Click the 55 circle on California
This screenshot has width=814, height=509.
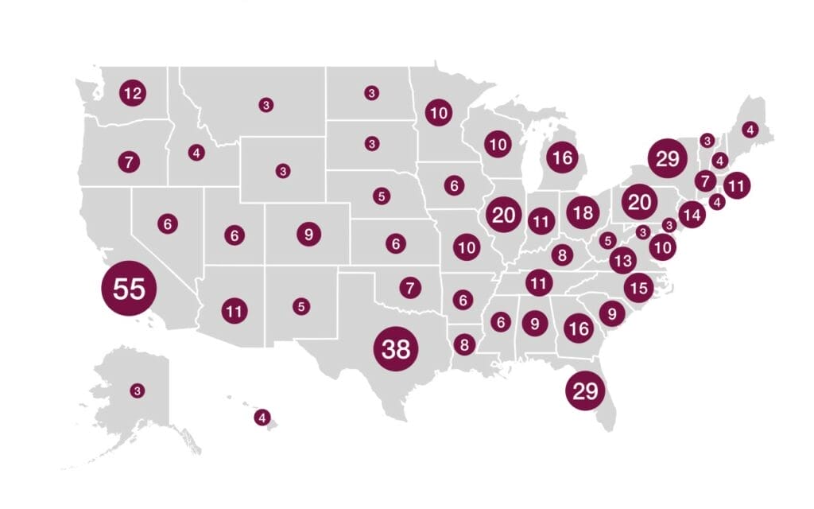(x=129, y=288)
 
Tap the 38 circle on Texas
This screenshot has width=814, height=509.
(x=395, y=348)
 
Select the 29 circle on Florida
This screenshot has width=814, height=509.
(x=585, y=390)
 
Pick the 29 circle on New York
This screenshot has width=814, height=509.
(x=667, y=159)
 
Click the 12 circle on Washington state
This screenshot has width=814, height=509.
(x=132, y=94)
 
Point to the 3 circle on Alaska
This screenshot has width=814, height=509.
(x=138, y=390)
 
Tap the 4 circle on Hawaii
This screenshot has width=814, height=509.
(x=262, y=417)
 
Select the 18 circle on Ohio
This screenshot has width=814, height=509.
(x=583, y=212)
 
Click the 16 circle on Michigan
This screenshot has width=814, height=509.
(x=562, y=157)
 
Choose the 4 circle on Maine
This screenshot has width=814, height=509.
(x=750, y=129)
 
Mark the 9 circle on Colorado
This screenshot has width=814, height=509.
(x=308, y=235)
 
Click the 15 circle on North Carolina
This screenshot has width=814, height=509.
(x=638, y=287)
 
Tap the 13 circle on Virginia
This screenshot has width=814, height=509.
(x=623, y=260)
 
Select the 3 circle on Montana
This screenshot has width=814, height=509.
(x=266, y=104)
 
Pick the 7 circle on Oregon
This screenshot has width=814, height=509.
(x=129, y=162)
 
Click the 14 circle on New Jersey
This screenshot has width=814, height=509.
(x=692, y=214)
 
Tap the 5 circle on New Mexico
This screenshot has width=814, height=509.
(x=300, y=305)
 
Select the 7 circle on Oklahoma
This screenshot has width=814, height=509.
(x=409, y=287)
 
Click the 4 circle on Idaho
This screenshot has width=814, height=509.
(x=196, y=152)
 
